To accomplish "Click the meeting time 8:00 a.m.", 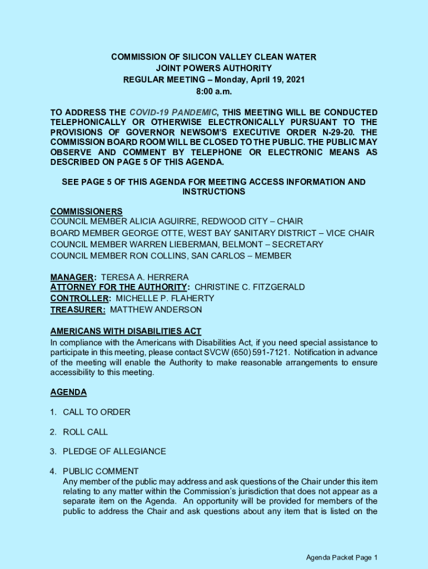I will point(213,91).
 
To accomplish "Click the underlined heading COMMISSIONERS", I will point(86,211).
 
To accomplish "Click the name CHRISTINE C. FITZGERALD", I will point(250,287).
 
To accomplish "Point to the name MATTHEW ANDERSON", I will point(156,310).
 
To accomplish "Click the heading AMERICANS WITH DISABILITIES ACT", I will point(126,331).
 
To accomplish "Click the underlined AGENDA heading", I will point(68,392).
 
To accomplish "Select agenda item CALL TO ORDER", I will point(97,412).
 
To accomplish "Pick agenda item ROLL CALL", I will point(85,432).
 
